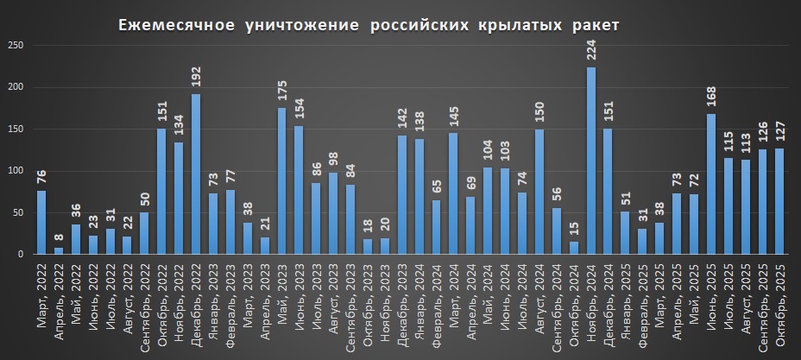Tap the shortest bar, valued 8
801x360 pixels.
pyautogui.click(x=59, y=251)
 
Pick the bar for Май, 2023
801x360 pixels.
pyautogui.click(x=282, y=181)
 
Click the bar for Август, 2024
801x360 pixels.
pyautogui.click(x=539, y=192)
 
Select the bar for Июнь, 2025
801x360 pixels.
pyautogui.click(x=711, y=185)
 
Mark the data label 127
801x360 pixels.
pyautogui.click(x=780, y=134)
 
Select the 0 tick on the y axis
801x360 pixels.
pyautogui.click(x=20, y=255)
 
